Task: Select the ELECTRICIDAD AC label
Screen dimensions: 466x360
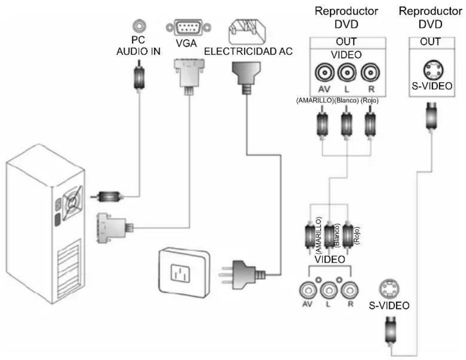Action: [x=248, y=51]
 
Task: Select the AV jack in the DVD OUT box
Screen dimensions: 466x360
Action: [x=324, y=73]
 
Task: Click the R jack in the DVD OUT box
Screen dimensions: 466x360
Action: [x=370, y=73]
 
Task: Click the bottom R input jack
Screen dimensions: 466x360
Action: [x=350, y=290]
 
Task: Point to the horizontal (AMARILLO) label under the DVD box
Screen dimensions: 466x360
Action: [x=315, y=100]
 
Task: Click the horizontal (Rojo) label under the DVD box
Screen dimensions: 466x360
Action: [x=369, y=100]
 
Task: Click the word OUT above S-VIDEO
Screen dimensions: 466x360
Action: [x=430, y=42]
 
